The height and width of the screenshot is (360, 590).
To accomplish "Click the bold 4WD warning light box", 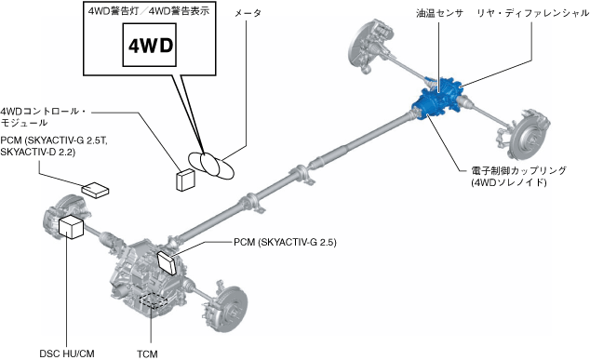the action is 150,46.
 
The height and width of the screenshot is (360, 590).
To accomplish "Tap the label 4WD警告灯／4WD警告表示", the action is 149,11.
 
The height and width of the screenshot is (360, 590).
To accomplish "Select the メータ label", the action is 248,13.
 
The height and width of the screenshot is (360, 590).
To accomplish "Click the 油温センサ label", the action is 439,13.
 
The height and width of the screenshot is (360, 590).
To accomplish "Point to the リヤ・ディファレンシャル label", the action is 533,13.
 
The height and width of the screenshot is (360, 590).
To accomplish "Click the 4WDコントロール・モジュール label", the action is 43,116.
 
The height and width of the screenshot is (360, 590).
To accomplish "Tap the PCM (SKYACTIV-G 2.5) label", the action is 285,242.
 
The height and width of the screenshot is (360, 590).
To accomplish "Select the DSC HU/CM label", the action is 67,353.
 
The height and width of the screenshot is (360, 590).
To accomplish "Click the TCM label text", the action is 147,354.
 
